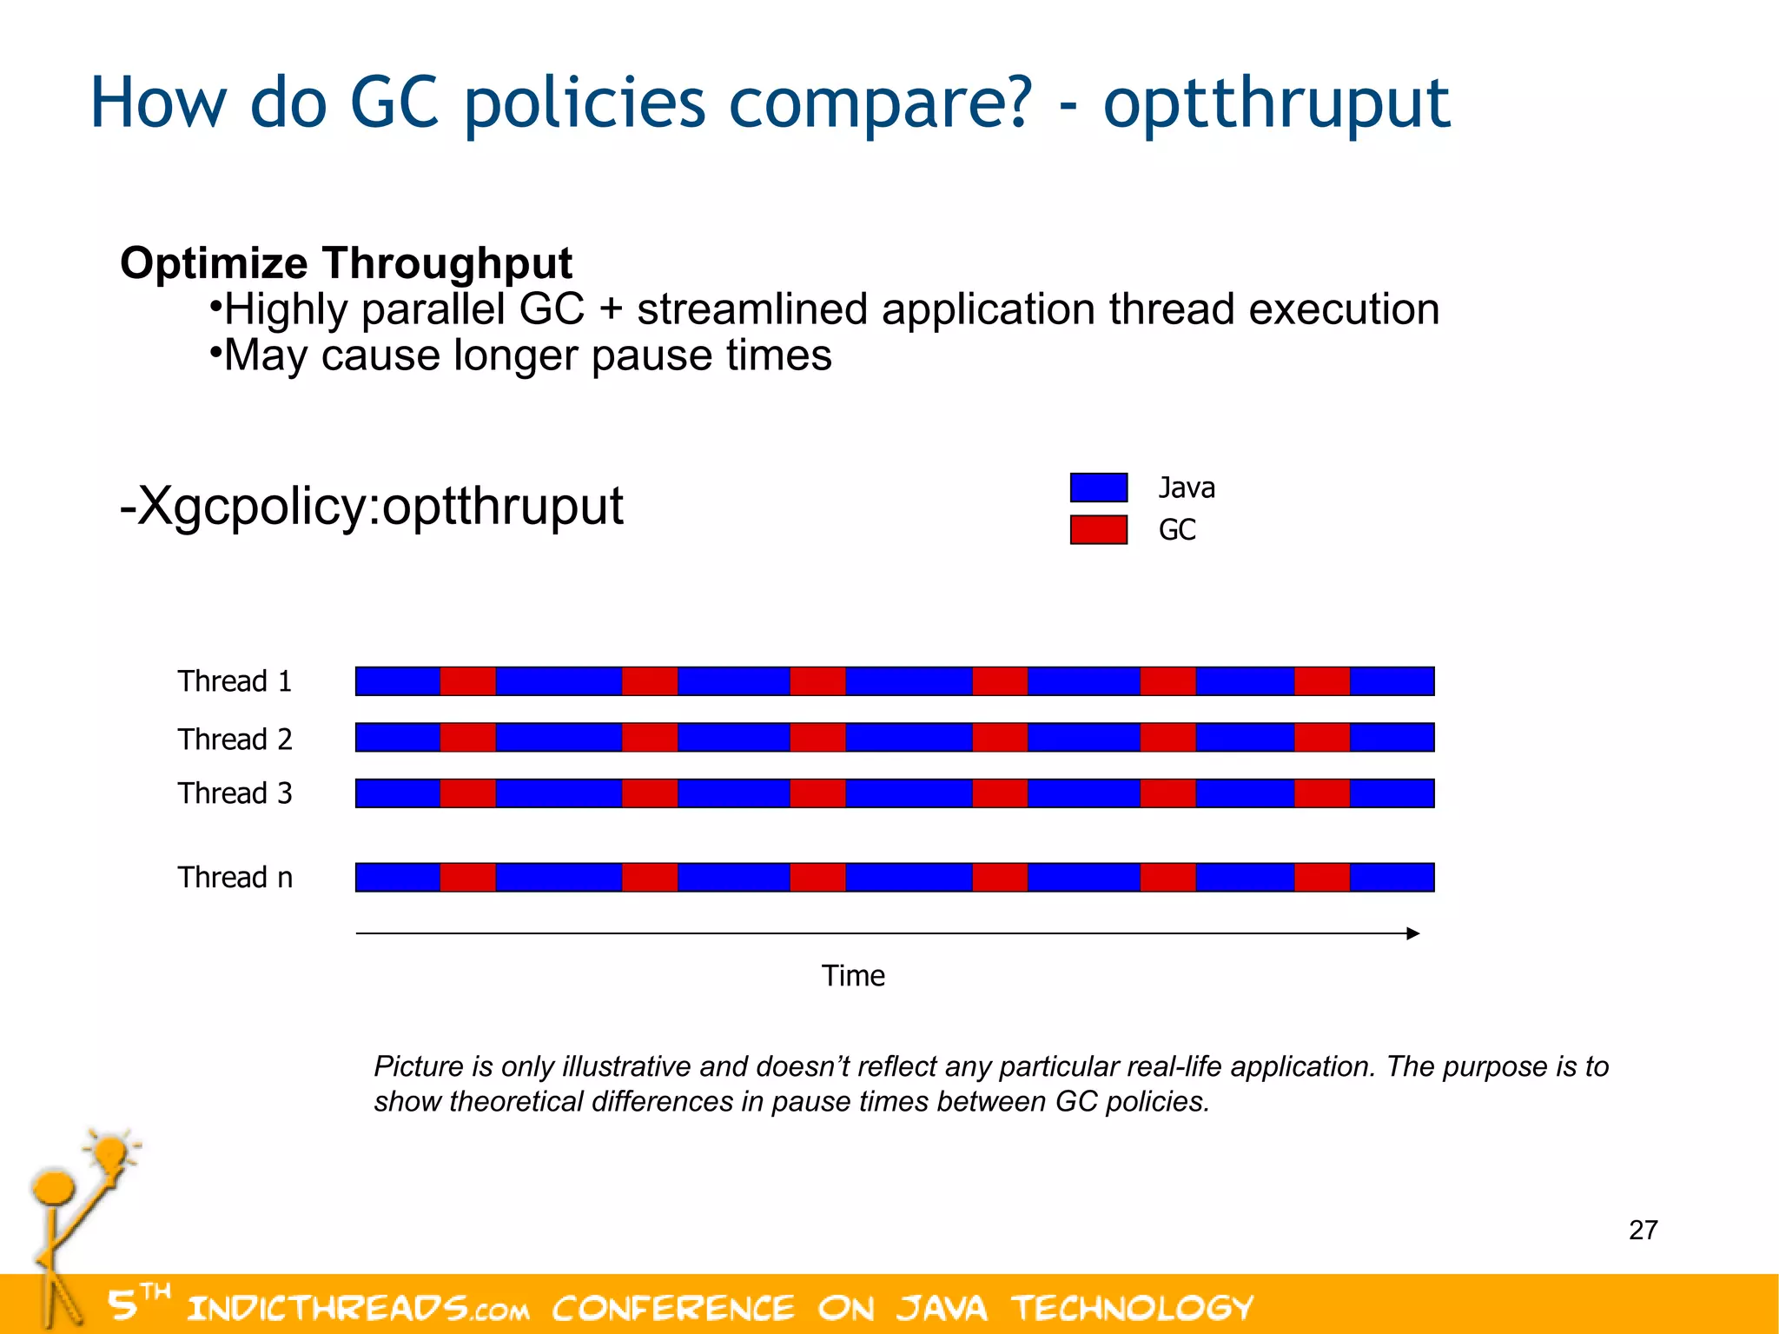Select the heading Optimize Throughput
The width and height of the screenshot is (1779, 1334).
[x=346, y=262]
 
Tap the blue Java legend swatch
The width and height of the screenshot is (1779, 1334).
[x=1098, y=488]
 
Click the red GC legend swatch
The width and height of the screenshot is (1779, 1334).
[x=1098, y=529]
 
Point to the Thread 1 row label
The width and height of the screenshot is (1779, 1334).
[x=235, y=681]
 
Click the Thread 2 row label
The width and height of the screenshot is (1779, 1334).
[x=235, y=739]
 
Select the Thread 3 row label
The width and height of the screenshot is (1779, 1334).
[x=235, y=793]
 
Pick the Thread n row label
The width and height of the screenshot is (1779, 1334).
[x=235, y=877]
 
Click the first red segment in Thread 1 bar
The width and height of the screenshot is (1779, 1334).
[x=467, y=681]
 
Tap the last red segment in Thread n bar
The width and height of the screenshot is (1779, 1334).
[x=1321, y=877]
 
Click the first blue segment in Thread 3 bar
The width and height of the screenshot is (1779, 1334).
[x=398, y=793]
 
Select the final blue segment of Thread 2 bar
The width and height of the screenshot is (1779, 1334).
[x=1392, y=738]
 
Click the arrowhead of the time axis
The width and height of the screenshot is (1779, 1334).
[x=1413, y=933]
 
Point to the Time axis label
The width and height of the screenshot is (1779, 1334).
[x=853, y=976]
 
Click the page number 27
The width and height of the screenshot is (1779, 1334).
[x=1643, y=1230]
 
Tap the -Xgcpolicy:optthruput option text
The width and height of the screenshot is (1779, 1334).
[x=371, y=506]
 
